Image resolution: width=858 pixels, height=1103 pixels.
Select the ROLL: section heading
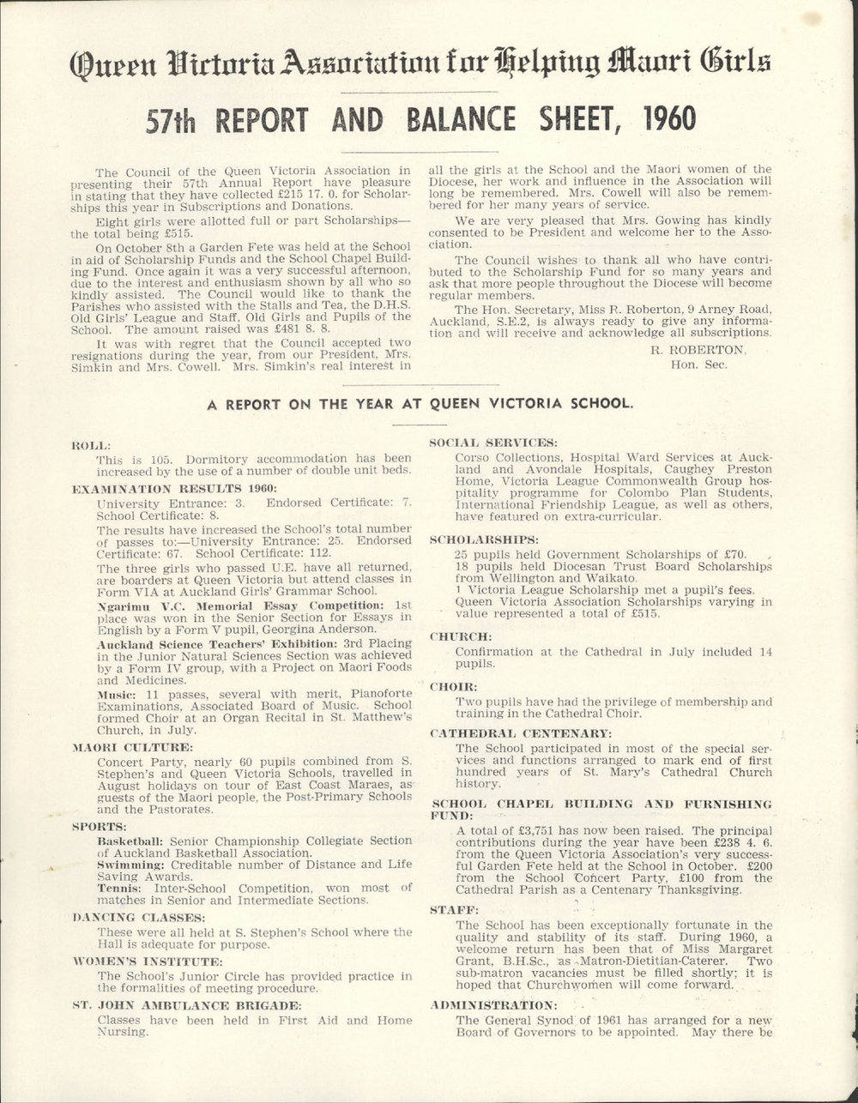point(91,445)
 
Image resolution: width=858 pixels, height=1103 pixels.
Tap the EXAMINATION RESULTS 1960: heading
point(154,485)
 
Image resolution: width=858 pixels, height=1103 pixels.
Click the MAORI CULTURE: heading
point(132,747)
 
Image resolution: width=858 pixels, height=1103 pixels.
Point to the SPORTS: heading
point(101,828)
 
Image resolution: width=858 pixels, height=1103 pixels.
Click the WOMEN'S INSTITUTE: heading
point(148,961)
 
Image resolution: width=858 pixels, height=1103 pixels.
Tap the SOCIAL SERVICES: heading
point(492,442)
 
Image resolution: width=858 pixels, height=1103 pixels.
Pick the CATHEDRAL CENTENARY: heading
point(520,733)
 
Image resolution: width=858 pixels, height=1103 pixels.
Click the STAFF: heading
point(454,909)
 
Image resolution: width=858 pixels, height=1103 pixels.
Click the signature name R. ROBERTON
point(698,349)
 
